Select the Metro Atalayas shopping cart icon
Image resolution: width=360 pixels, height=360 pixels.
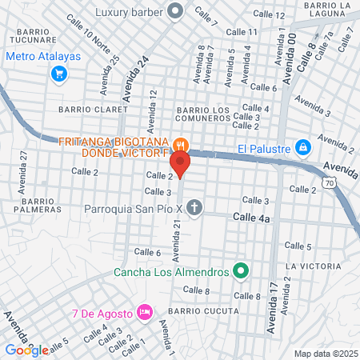[58, 74]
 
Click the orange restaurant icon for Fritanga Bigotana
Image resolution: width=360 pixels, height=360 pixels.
[182, 145]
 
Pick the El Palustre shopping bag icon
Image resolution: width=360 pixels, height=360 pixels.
[302, 148]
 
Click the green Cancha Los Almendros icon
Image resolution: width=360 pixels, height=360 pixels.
[239, 271]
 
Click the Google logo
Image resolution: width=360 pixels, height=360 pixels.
[26, 350]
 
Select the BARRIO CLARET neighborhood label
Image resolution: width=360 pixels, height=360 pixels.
[93, 109]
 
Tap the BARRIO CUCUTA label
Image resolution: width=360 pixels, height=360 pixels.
[204, 310]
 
